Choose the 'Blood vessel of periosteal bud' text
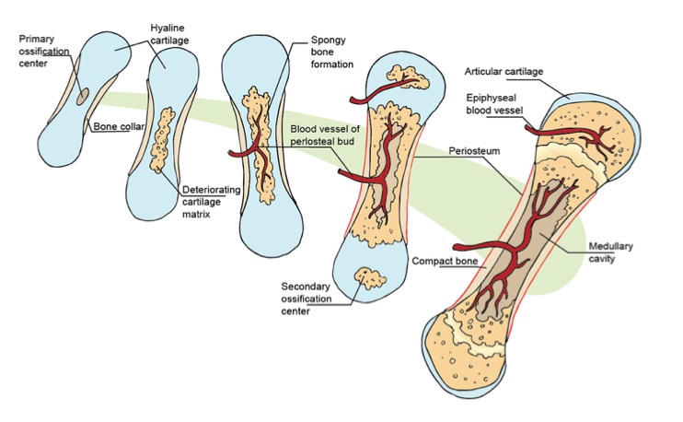coord(330,136)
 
